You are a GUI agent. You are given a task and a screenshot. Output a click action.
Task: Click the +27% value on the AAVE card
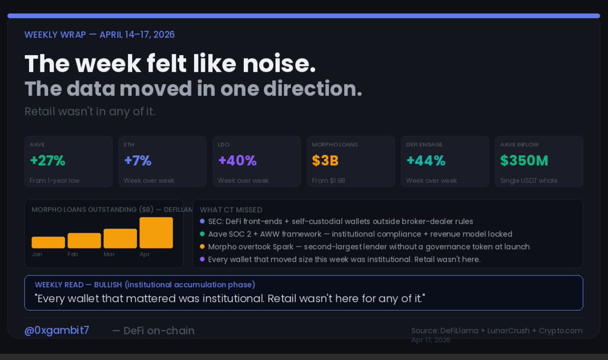pos(48,161)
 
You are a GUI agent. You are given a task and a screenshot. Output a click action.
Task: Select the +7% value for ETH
pos(138,161)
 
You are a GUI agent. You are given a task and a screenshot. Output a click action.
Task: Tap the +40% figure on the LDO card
pos(237,161)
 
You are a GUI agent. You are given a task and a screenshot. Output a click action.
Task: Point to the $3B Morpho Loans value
pos(325,161)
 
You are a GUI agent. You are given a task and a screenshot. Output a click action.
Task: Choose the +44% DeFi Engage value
pos(426,161)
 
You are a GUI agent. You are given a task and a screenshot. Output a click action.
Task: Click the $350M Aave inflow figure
pos(524,161)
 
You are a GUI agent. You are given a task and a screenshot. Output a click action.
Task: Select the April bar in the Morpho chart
pos(156,233)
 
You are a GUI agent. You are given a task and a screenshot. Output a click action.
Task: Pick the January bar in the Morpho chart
pos(48,243)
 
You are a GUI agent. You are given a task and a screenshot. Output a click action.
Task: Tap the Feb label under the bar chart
pos(72,254)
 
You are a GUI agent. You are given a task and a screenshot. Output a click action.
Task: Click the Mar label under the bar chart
pos(109,254)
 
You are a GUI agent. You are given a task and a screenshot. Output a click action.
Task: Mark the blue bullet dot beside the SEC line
pos(202,221)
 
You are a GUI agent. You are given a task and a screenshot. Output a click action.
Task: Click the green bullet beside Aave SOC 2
pos(202,234)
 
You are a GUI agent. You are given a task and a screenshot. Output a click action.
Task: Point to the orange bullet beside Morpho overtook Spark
pos(202,247)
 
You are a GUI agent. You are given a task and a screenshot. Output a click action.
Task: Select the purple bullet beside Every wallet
pos(202,259)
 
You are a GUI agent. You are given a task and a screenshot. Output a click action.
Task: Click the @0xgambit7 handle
pos(57,331)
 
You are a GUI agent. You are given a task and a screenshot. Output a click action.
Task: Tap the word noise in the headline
pos(277,64)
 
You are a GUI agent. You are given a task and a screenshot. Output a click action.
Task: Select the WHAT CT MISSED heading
pos(231,210)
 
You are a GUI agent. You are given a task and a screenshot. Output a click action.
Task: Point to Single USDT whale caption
pos(527,181)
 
